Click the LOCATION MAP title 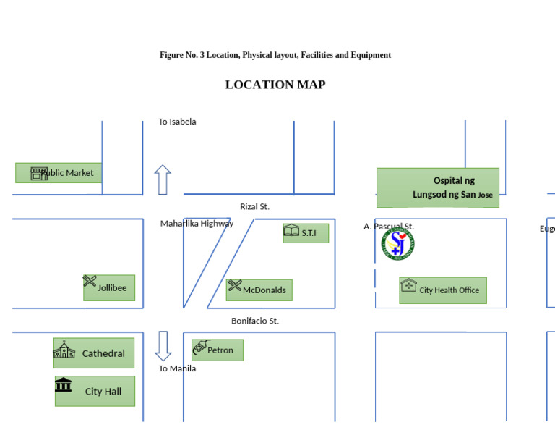275,85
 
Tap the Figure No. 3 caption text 275,55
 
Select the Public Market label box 59,173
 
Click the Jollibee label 112,288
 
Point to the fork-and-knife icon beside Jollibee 90,281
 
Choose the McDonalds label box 259,290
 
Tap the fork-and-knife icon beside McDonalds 235,285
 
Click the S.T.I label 309,233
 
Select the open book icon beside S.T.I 291,230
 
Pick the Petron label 220,350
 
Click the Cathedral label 103,354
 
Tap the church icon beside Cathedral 64,350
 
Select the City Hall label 103,392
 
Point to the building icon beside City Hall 64,384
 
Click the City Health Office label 449,290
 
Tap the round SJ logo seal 397,244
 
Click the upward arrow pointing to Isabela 163,180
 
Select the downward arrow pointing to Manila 163,346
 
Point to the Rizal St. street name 254,207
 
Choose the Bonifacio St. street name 255,321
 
